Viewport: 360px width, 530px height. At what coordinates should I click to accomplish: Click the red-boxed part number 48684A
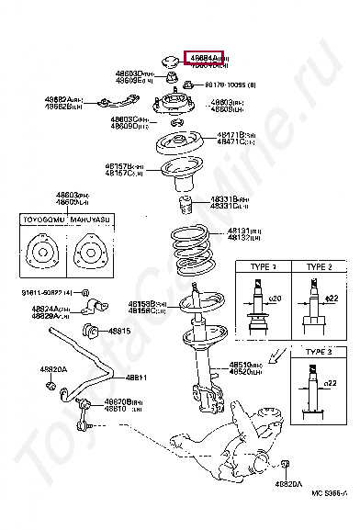pyautogui.click(x=203, y=57)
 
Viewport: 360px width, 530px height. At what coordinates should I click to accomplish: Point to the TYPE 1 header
pyautogui.click(x=260, y=266)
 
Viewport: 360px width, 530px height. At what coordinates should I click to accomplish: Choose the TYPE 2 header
pyautogui.click(x=317, y=266)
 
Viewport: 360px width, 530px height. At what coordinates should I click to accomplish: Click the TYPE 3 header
pyautogui.click(x=317, y=352)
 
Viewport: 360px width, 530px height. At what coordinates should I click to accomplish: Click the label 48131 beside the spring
pyautogui.click(x=219, y=231)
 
